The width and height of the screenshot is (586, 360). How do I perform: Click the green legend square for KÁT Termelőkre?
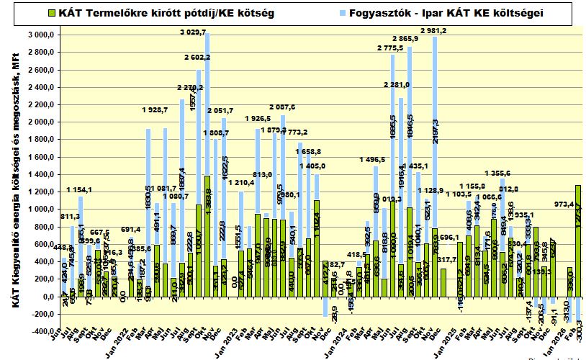click(x=53, y=13)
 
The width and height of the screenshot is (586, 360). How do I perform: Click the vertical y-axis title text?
click(x=14, y=180)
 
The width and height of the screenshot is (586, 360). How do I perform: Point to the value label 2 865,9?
click(x=408, y=38)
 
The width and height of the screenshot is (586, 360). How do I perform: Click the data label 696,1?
click(x=448, y=237)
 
